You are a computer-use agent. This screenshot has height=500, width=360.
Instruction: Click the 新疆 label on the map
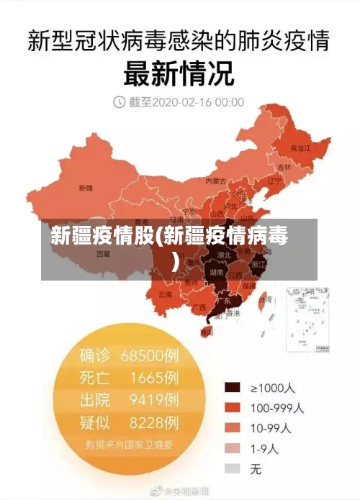(85, 188)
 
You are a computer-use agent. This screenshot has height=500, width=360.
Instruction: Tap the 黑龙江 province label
(300, 148)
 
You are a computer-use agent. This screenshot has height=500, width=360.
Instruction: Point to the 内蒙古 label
(216, 181)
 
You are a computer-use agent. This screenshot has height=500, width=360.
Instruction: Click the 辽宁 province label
(274, 181)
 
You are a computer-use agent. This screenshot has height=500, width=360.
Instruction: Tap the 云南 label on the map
(165, 294)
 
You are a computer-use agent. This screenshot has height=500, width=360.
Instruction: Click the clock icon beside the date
(119, 103)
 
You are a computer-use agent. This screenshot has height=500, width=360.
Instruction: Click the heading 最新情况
(179, 73)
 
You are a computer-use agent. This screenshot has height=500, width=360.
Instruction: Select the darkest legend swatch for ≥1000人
(232, 387)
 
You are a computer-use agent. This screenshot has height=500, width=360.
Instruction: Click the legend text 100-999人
(276, 407)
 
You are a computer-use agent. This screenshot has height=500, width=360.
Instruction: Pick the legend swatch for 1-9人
(232, 448)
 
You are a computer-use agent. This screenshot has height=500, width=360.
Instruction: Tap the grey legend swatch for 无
(232, 468)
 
